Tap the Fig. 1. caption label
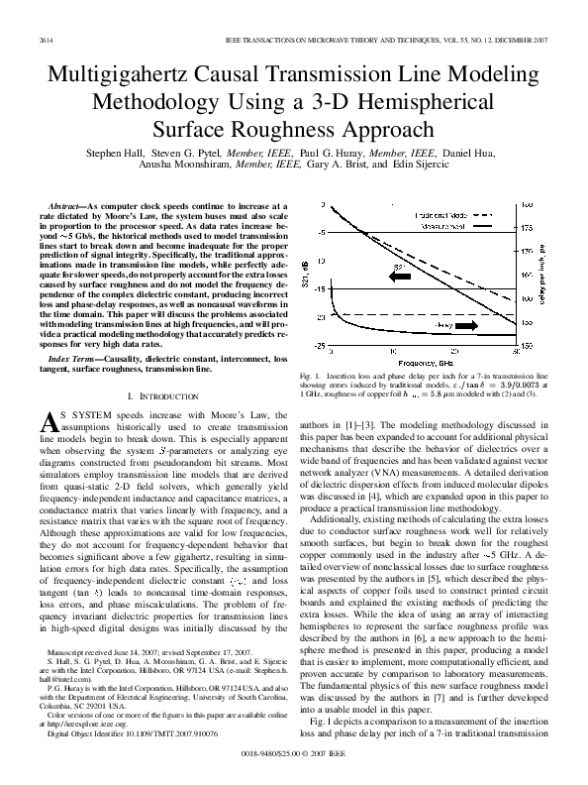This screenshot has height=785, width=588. (308, 378)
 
